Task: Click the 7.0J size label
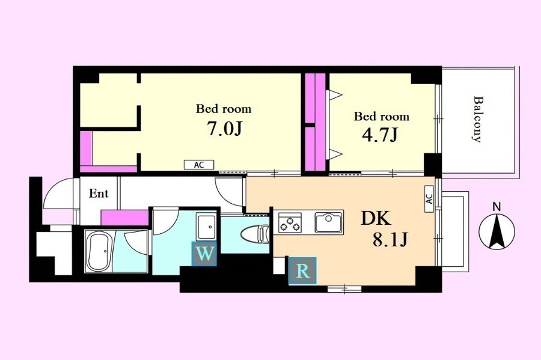224,129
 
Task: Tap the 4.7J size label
380,135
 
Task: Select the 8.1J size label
390,239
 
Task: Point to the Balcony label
477,120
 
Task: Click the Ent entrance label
99,194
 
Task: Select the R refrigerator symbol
302,271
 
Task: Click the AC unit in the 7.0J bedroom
199,165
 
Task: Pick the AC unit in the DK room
429,199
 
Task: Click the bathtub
99,251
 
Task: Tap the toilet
255,234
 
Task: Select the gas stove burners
290,222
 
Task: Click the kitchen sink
329,222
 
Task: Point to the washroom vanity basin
206,227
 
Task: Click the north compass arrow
497,231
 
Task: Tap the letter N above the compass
497,207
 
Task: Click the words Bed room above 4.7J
382,116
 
